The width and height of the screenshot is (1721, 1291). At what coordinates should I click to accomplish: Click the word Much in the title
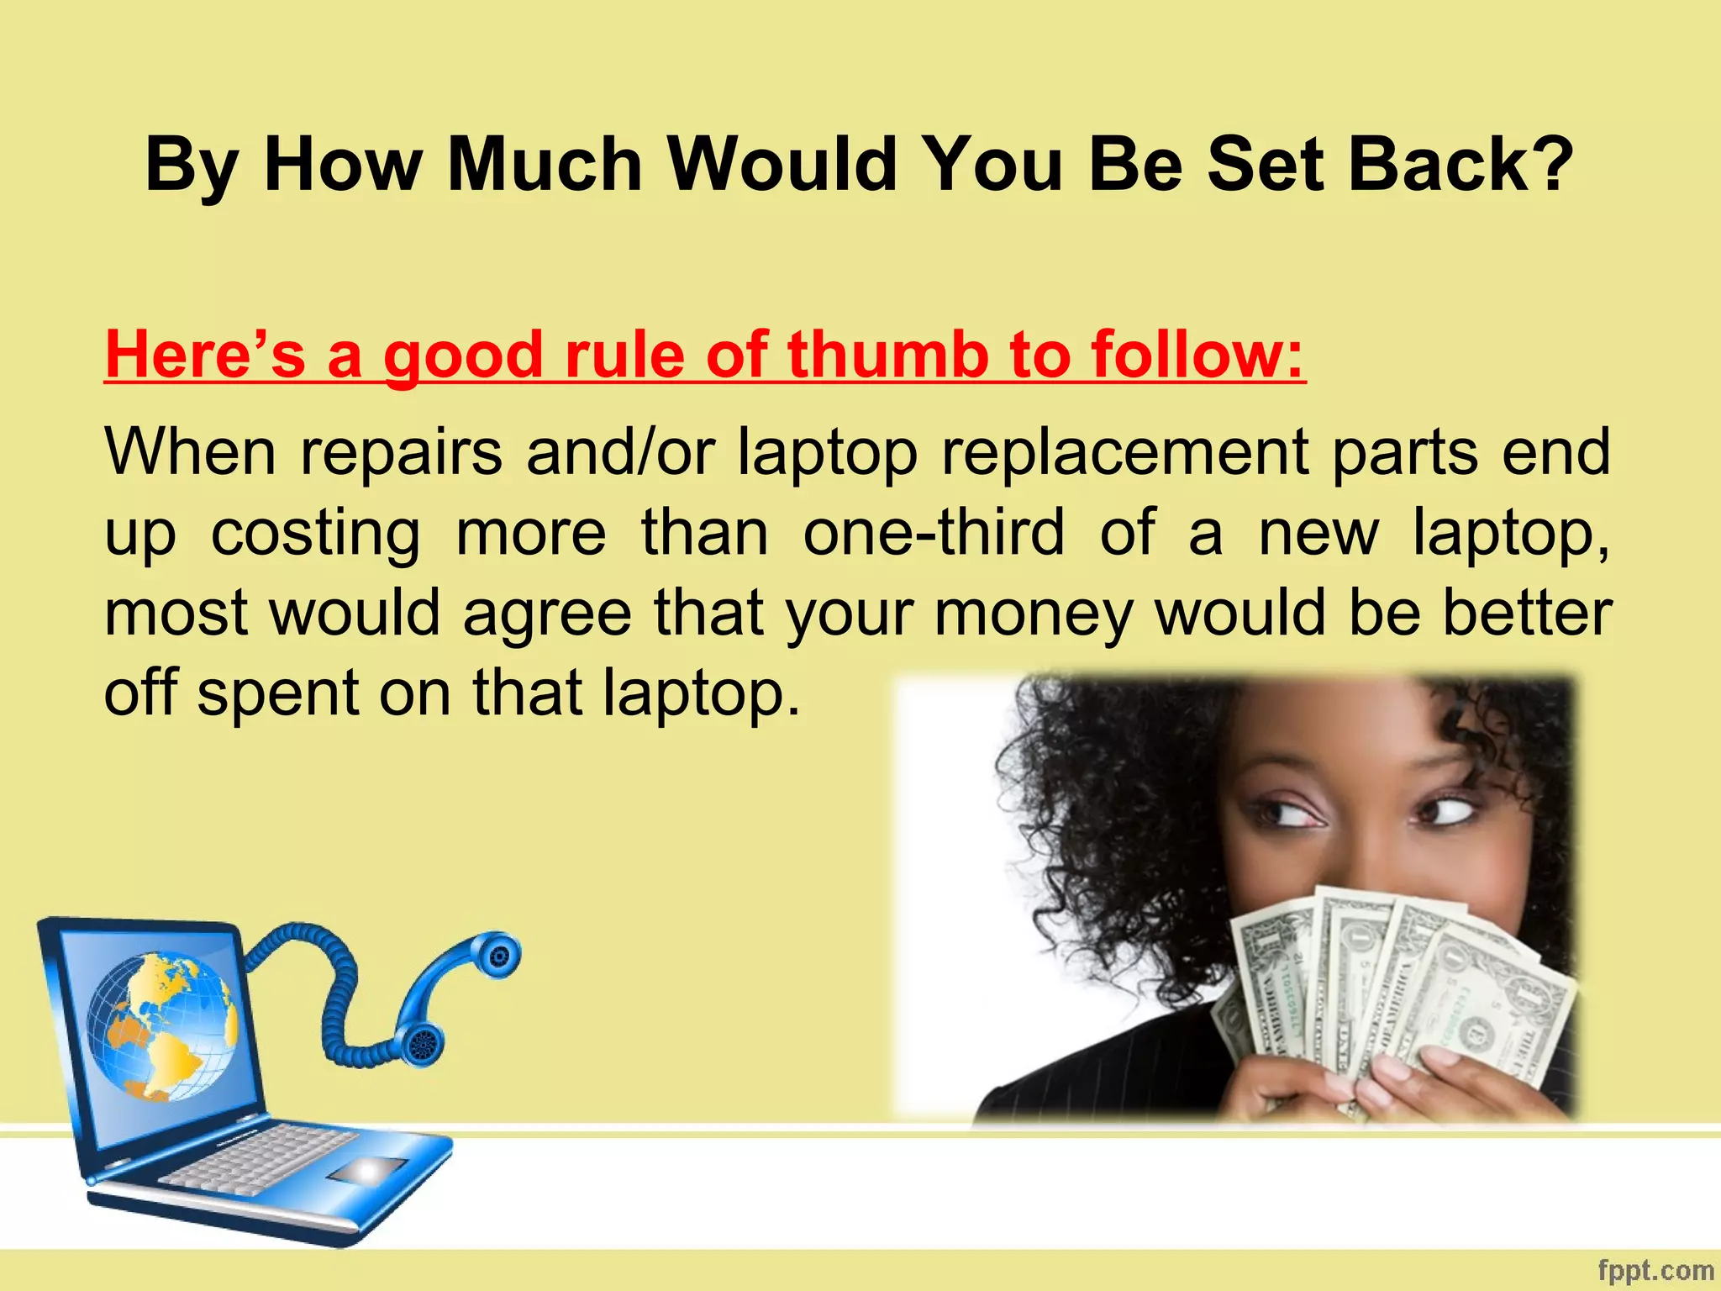pyautogui.click(x=545, y=164)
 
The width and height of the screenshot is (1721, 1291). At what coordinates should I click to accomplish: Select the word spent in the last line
pyautogui.click(x=278, y=694)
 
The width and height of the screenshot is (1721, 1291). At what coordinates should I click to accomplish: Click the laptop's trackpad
pyautogui.click(x=367, y=1169)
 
